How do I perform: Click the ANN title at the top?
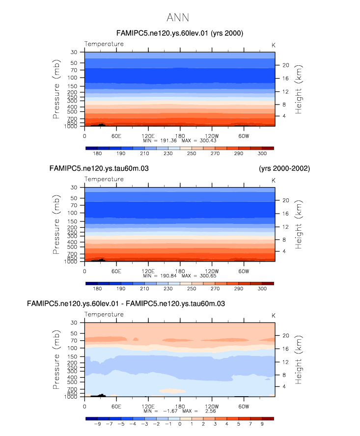coord(178,18)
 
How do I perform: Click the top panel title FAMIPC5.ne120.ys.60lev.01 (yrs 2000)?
coord(180,33)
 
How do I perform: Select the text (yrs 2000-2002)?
coord(284,168)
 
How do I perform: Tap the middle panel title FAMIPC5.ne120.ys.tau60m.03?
coord(99,168)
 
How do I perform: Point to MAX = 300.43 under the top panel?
coord(196,140)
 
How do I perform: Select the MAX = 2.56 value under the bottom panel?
coord(196,411)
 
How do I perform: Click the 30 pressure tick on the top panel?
coord(75,52)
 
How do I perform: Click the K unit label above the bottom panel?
coord(274,315)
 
